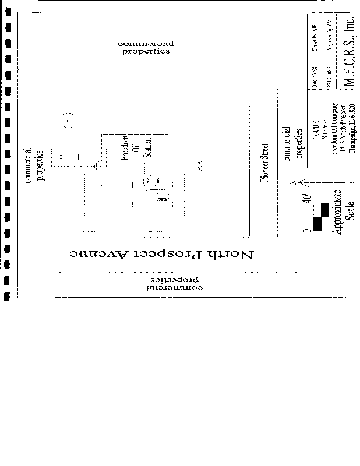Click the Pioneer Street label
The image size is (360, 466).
(x=264, y=163)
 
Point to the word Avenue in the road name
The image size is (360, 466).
(x=99, y=255)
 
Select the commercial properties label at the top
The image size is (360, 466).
(x=146, y=47)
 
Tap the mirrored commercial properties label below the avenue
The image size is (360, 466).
(x=174, y=284)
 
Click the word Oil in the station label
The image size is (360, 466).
(x=136, y=147)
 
